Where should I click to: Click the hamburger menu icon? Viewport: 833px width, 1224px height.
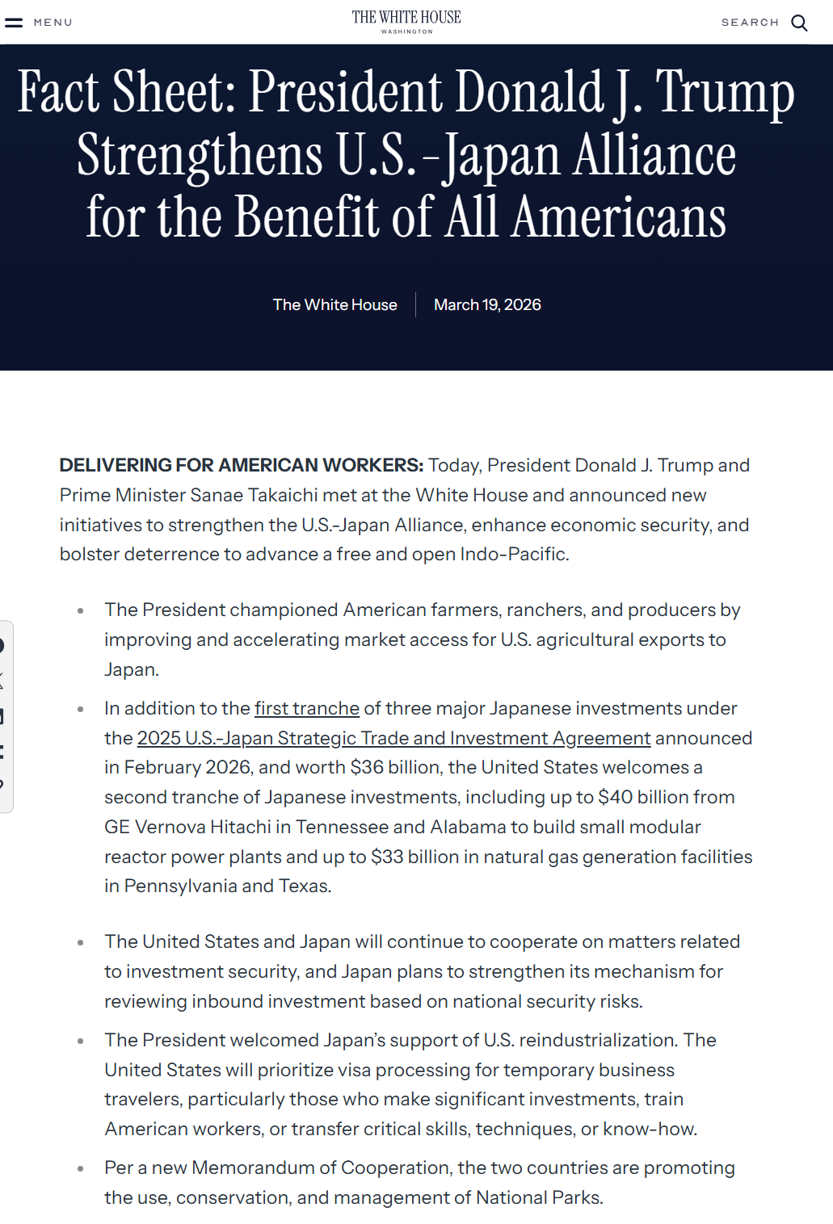(14, 23)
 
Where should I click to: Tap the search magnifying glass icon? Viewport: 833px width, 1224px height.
(799, 23)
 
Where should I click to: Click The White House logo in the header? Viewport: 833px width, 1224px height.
(406, 21)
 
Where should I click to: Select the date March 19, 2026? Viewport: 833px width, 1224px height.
(487, 305)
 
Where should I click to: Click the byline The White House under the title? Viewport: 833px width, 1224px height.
(334, 305)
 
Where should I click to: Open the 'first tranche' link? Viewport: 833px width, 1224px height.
(307, 709)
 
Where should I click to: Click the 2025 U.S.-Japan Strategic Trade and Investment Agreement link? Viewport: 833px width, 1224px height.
(393, 739)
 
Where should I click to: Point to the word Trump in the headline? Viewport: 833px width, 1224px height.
(725, 93)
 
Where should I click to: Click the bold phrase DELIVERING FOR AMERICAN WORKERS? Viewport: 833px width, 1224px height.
(241, 466)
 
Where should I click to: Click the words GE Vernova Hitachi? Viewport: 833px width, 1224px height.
(187, 828)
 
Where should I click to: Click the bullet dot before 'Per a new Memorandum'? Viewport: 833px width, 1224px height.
(81, 1168)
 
